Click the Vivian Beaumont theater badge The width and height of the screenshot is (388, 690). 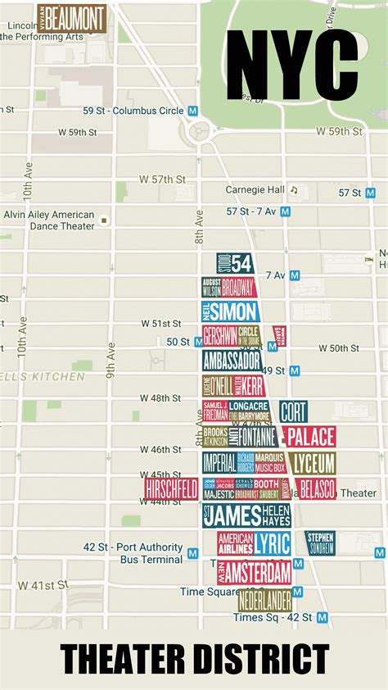[x=73, y=18]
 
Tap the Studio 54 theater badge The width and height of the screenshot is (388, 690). [x=235, y=263]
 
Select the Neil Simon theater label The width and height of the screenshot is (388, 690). [x=231, y=311]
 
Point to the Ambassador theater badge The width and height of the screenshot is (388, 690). [x=232, y=361]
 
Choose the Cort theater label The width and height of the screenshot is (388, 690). [x=293, y=411]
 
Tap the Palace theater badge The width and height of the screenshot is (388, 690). [x=309, y=436]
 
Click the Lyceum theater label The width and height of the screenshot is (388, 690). [x=311, y=463]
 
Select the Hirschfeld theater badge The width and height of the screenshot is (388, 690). [x=171, y=489]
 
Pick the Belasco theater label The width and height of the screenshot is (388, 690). [x=315, y=489]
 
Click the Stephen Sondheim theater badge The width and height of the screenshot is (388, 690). [x=320, y=542]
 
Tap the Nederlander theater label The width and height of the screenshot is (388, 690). [x=264, y=600]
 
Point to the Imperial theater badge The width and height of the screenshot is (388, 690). [x=219, y=463]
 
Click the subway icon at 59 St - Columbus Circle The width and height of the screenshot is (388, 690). [x=193, y=111]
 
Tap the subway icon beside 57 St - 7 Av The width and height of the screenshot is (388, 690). [x=285, y=211]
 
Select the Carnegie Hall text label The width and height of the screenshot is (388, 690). [x=255, y=190]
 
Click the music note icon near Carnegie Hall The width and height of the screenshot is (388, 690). [x=294, y=190]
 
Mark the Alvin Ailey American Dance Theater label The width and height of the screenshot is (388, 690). [x=48, y=220]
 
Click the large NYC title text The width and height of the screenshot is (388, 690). [x=293, y=64]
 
